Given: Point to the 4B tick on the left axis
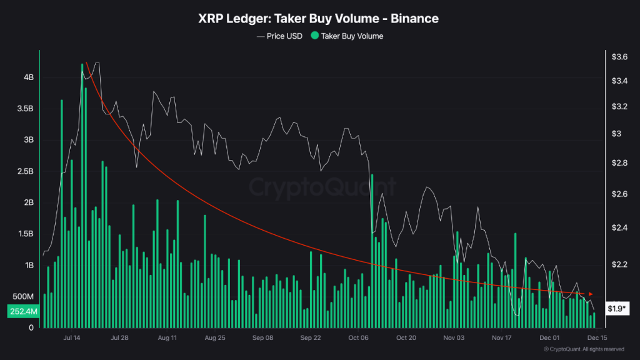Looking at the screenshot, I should point(29,77).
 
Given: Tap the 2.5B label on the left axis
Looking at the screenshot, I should point(25,171).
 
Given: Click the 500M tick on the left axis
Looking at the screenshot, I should point(22,296).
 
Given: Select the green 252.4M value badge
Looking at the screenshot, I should point(23,311).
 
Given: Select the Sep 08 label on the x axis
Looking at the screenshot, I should point(262,337).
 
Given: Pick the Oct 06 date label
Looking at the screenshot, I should point(359,337).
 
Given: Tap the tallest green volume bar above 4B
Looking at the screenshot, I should point(83,187).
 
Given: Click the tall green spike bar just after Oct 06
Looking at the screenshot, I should point(372,250).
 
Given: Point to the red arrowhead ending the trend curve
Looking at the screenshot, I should point(591,294).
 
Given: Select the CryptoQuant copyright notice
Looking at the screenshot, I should point(584,349).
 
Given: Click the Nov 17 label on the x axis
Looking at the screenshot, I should point(502,337).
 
